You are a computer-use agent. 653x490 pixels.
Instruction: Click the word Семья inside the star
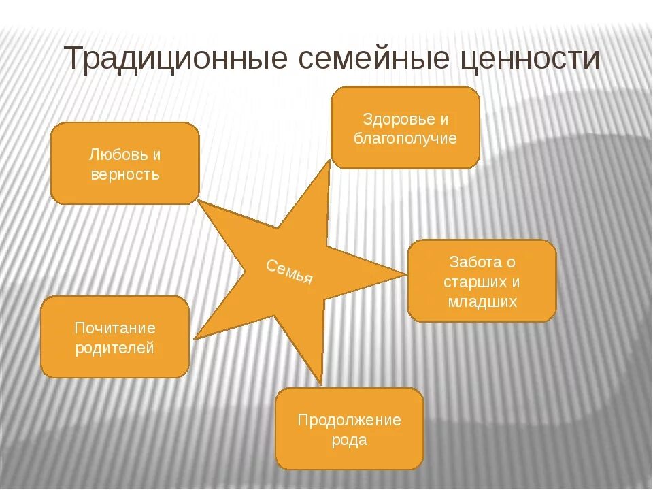[290, 272]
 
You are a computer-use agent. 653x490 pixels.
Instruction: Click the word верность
[125, 174]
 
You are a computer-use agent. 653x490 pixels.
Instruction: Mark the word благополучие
[405, 139]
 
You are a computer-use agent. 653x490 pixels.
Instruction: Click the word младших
[482, 301]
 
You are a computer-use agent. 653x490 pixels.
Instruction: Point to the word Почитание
[115, 328]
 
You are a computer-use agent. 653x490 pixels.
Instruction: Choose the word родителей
[115, 348]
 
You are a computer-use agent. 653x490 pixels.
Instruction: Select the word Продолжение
[349, 420]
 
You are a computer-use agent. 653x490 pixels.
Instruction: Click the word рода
[349, 440]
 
